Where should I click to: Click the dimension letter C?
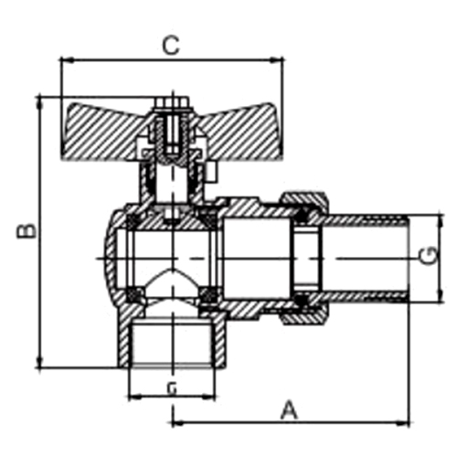[169, 44]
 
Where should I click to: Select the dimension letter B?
[27, 228]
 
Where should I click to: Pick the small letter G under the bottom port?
[171, 388]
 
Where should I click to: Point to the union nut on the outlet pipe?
[305, 258]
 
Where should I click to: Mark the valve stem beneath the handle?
[171, 183]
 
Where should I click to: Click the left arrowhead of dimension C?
[64, 61]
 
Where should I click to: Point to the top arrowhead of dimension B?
[39, 99]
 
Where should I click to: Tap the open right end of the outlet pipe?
[406, 258]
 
